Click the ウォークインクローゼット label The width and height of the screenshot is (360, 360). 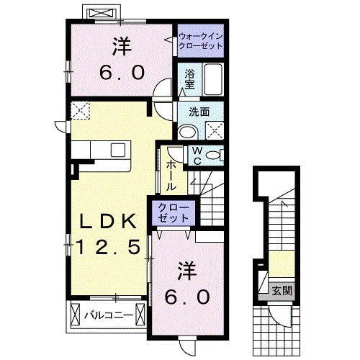click(199, 40)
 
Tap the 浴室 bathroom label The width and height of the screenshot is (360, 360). click(189, 78)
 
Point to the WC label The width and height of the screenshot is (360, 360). click(197, 156)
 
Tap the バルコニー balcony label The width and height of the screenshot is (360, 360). click(107, 315)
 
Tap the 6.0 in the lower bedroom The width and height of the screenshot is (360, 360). click(189, 296)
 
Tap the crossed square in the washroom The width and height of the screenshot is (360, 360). click(215, 130)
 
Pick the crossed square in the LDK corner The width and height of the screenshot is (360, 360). click(81, 111)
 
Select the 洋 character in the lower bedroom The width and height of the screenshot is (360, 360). click(189, 269)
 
